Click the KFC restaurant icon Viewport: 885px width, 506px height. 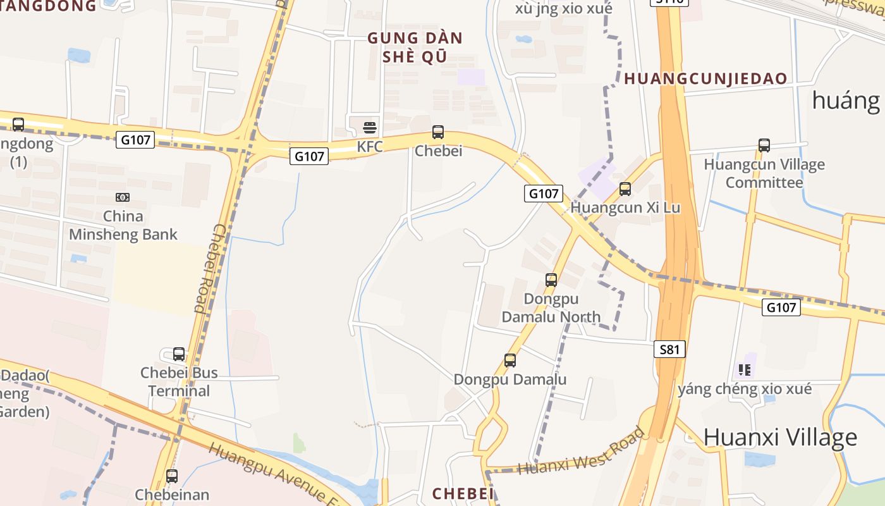click(370, 128)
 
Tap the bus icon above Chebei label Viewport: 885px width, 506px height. click(438, 132)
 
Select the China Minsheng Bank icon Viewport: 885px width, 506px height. click(123, 197)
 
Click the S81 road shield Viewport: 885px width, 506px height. click(669, 349)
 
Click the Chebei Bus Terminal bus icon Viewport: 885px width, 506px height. click(179, 354)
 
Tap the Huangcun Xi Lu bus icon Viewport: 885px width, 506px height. click(625, 188)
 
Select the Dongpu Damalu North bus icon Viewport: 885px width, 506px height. click(551, 280)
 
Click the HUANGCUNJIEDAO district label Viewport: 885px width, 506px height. click(705, 79)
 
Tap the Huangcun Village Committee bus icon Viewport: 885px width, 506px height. click(764, 145)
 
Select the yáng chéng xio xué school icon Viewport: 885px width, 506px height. click(745, 369)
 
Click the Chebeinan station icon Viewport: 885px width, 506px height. click(172, 476)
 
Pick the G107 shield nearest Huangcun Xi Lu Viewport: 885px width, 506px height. click(543, 194)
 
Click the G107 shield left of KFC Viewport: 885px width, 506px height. click(309, 156)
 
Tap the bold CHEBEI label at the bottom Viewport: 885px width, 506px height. click(463, 493)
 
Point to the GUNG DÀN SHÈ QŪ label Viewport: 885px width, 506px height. click(415, 47)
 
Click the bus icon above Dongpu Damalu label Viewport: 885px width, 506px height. click(510, 361)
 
